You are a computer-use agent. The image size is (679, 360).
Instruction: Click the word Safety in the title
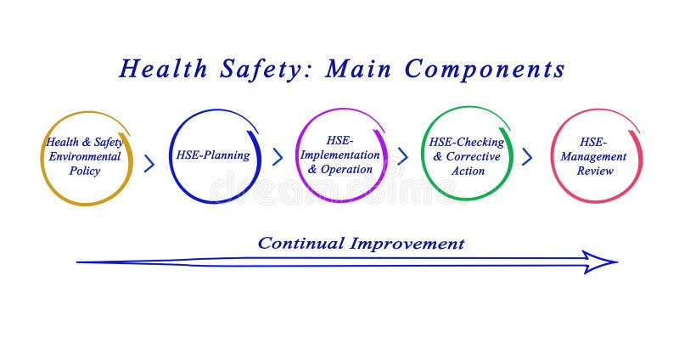click(260, 70)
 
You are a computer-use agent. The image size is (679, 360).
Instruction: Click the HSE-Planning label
click(212, 155)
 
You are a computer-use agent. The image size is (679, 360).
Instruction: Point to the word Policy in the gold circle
click(84, 171)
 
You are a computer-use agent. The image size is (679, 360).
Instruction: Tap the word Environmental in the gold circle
click(84, 156)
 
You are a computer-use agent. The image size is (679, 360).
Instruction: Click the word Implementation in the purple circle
click(339, 155)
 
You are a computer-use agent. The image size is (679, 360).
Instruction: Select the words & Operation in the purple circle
click(339, 169)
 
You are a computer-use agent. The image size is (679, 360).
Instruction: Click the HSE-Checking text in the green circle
click(466, 142)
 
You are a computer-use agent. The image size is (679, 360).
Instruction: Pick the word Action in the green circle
click(468, 171)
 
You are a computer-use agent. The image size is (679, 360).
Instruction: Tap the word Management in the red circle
click(595, 156)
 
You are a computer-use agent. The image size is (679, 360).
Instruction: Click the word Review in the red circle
click(595, 171)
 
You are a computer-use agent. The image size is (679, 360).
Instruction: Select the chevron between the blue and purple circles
click(277, 157)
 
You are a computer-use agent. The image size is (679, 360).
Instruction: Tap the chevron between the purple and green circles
click(402, 157)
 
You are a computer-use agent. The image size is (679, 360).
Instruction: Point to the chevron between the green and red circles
click(527, 157)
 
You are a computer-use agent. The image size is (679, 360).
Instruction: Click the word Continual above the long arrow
click(300, 244)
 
